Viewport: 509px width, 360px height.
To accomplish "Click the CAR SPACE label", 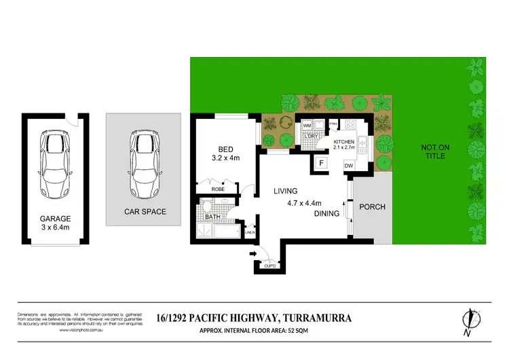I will [145, 211].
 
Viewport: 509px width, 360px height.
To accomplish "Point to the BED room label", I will [225, 149].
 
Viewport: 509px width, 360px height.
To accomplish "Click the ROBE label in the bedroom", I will [218, 189].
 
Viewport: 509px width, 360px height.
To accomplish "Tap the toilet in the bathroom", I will [208, 207].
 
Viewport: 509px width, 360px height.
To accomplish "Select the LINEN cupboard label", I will [249, 233].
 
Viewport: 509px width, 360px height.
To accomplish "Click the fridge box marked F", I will [321, 163].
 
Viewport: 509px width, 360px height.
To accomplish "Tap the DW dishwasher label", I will [348, 165].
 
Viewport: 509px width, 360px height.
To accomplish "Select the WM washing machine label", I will [306, 126].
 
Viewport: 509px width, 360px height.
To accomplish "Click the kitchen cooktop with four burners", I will [351, 124].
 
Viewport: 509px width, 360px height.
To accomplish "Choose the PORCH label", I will [372, 207].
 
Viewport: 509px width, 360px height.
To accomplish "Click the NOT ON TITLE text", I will [434, 151].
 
